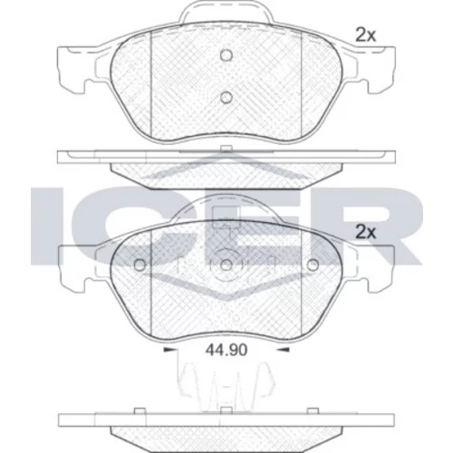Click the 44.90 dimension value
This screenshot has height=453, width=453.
click(226, 350)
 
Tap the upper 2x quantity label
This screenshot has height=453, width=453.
click(365, 35)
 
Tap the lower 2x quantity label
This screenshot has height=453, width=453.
click(366, 233)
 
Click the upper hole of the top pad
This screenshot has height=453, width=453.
click(226, 55)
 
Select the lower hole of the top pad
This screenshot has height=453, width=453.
click(226, 97)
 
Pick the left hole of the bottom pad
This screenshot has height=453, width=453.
click(140, 265)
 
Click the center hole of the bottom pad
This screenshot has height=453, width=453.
click(226, 265)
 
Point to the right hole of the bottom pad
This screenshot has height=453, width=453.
click(313, 265)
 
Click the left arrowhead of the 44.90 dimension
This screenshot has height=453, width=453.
click(169, 350)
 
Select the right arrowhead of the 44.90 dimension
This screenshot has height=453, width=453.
click(284, 350)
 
